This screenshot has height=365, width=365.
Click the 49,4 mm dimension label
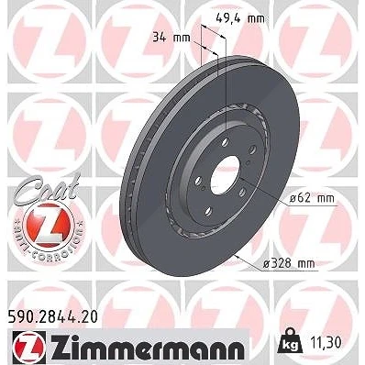239,19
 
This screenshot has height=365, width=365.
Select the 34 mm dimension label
171,38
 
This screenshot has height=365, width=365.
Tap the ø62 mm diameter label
312,198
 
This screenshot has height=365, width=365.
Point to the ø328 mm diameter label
289,263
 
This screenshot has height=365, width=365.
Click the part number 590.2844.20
52,317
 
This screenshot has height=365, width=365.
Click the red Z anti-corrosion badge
49,225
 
